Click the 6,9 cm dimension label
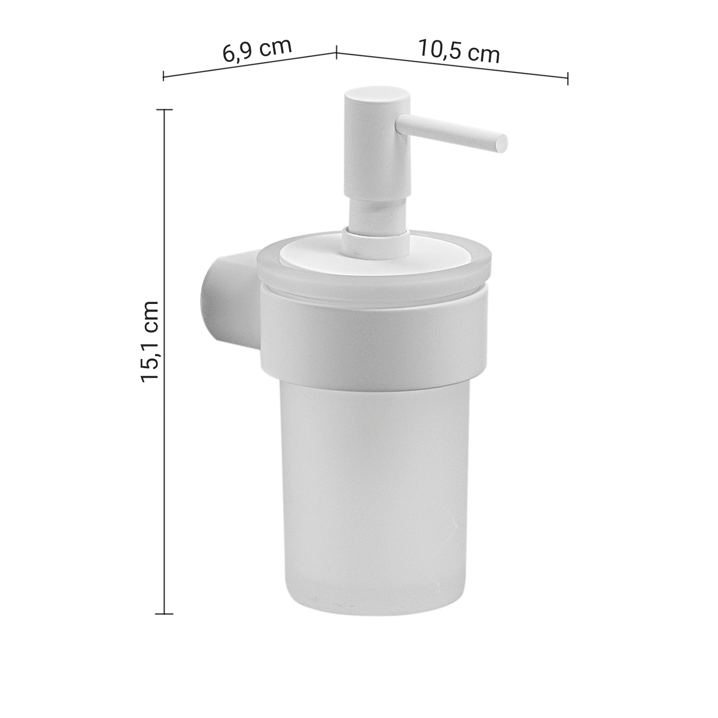258,50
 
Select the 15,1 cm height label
149,341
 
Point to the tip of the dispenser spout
501,143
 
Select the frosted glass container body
374,493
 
